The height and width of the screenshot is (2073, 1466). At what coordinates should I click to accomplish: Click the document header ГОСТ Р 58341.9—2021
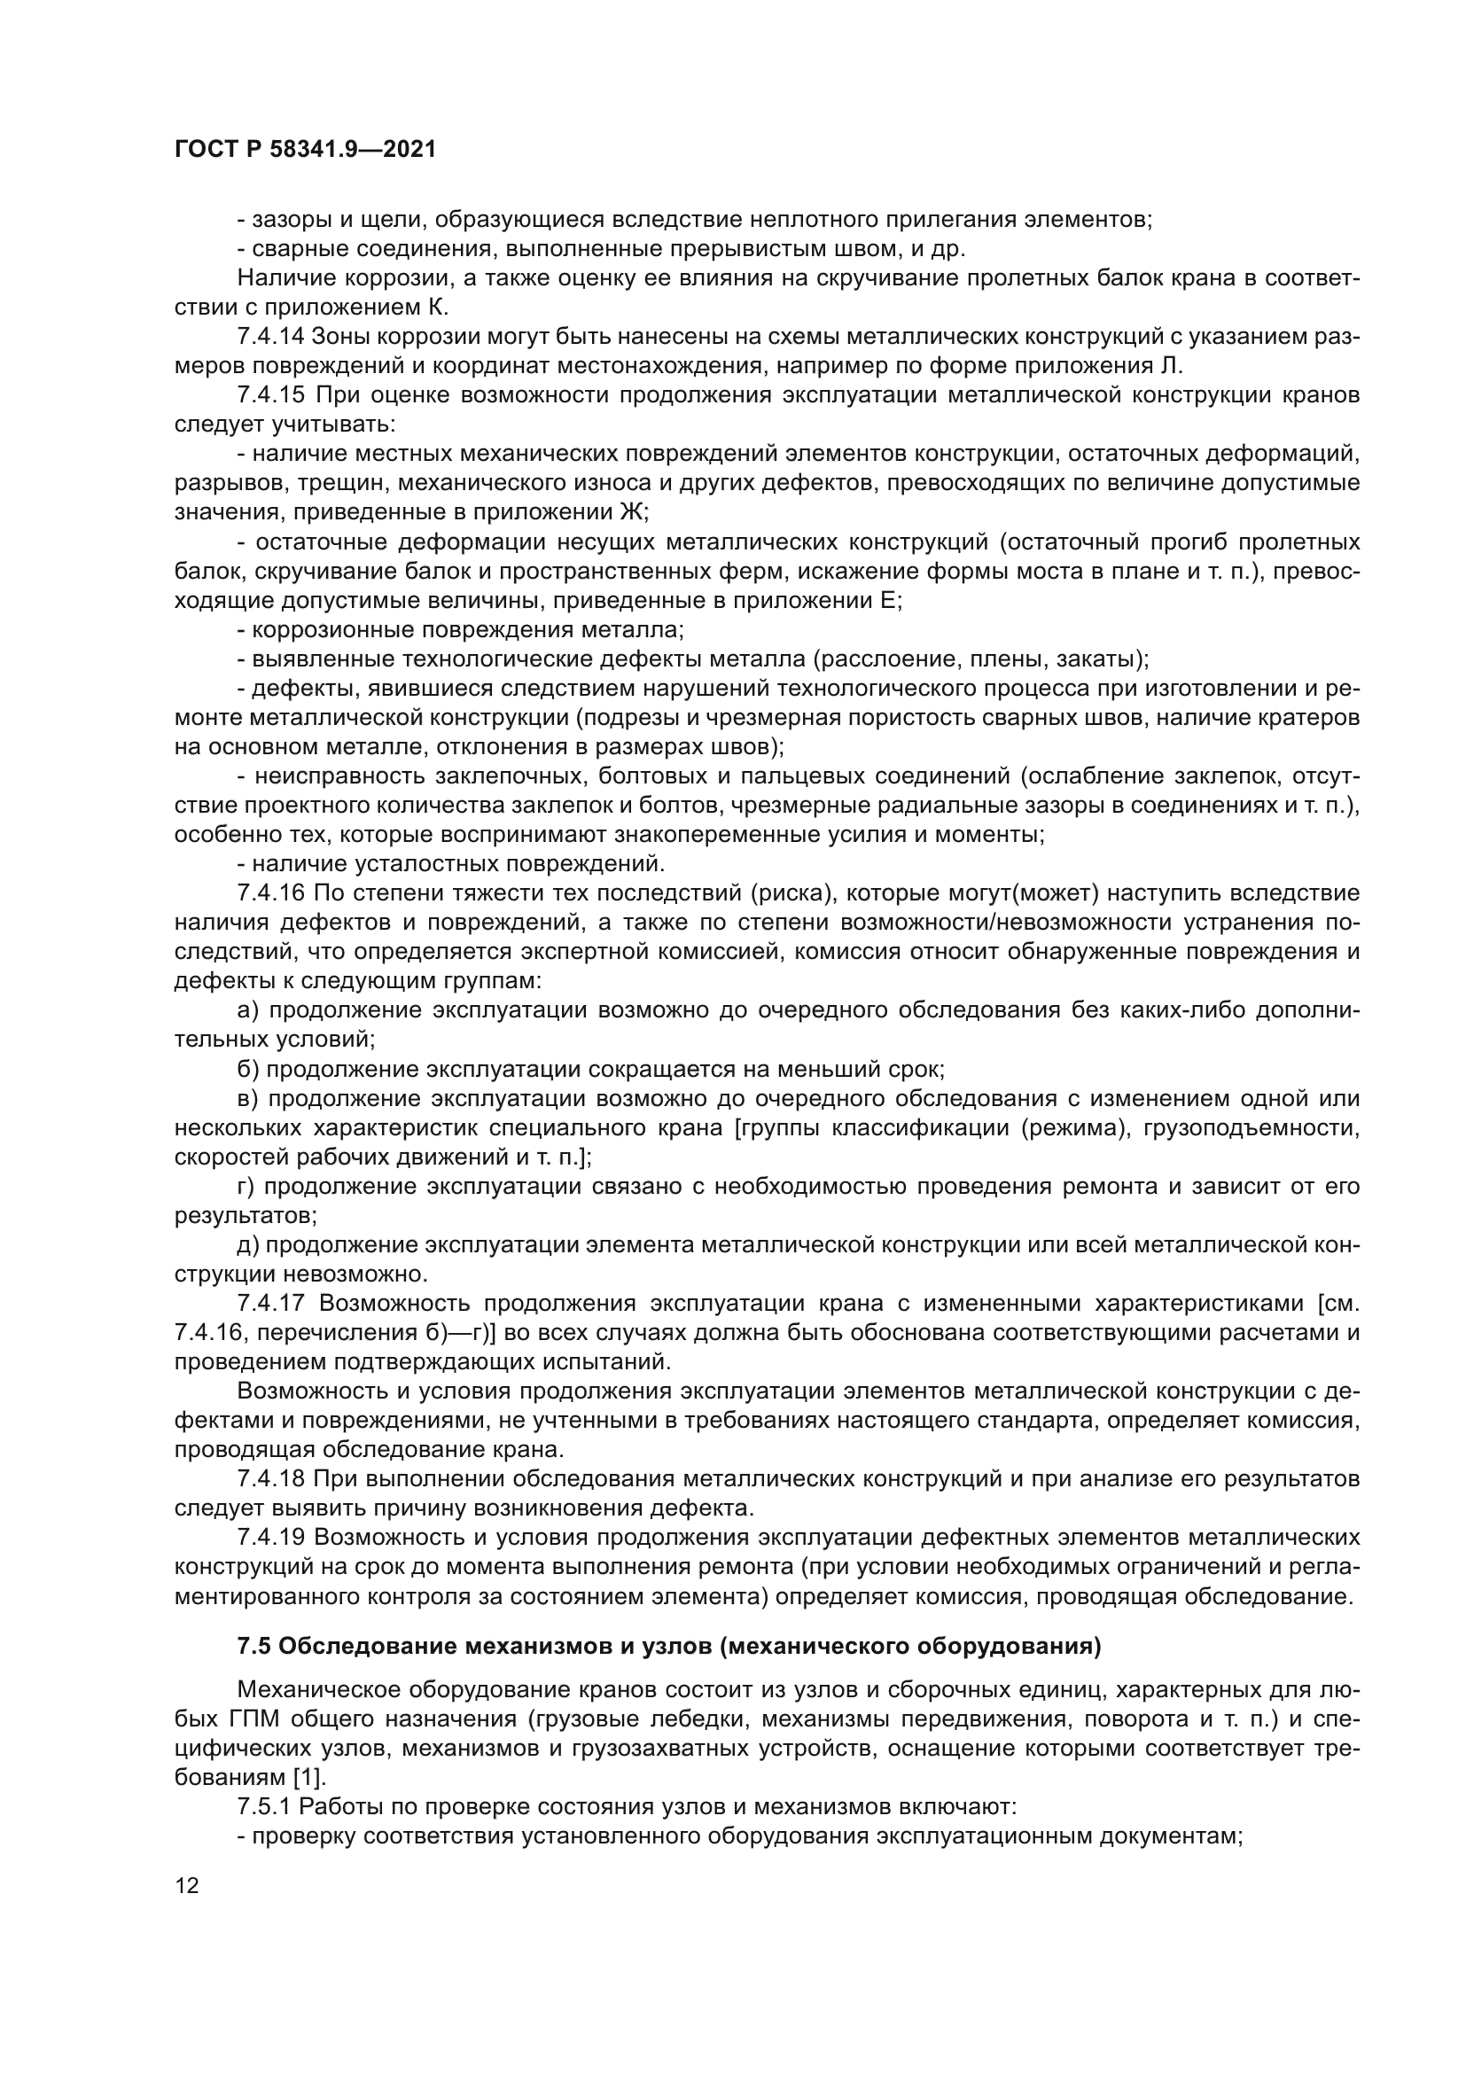click(x=305, y=150)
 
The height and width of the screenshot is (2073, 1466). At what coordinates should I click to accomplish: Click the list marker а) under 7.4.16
click(x=248, y=1010)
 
